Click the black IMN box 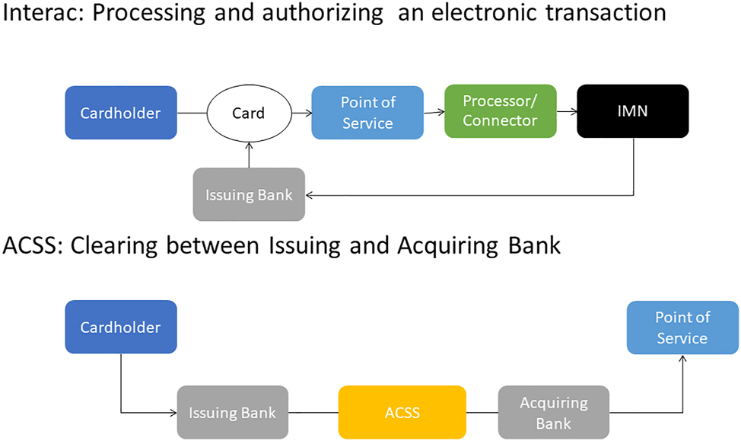tap(632, 111)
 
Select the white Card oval tap(248, 113)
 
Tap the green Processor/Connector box tap(500, 111)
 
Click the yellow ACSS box tap(402, 412)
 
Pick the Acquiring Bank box tap(554, 412)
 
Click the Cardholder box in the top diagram tap(121, 113)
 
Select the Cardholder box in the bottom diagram tap(121, 327)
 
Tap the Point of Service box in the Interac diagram tap(367, 112)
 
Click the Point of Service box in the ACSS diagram tap(682, 328)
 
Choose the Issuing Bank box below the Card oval tap(249, 194)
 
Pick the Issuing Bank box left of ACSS tap(232, 412)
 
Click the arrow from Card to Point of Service tap(301, 113)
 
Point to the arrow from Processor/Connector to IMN tap(567, 111)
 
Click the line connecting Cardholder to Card tap(192, 113)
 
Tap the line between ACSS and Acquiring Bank tap(482, 413)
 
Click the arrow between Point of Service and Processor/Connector tap(434, 112)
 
